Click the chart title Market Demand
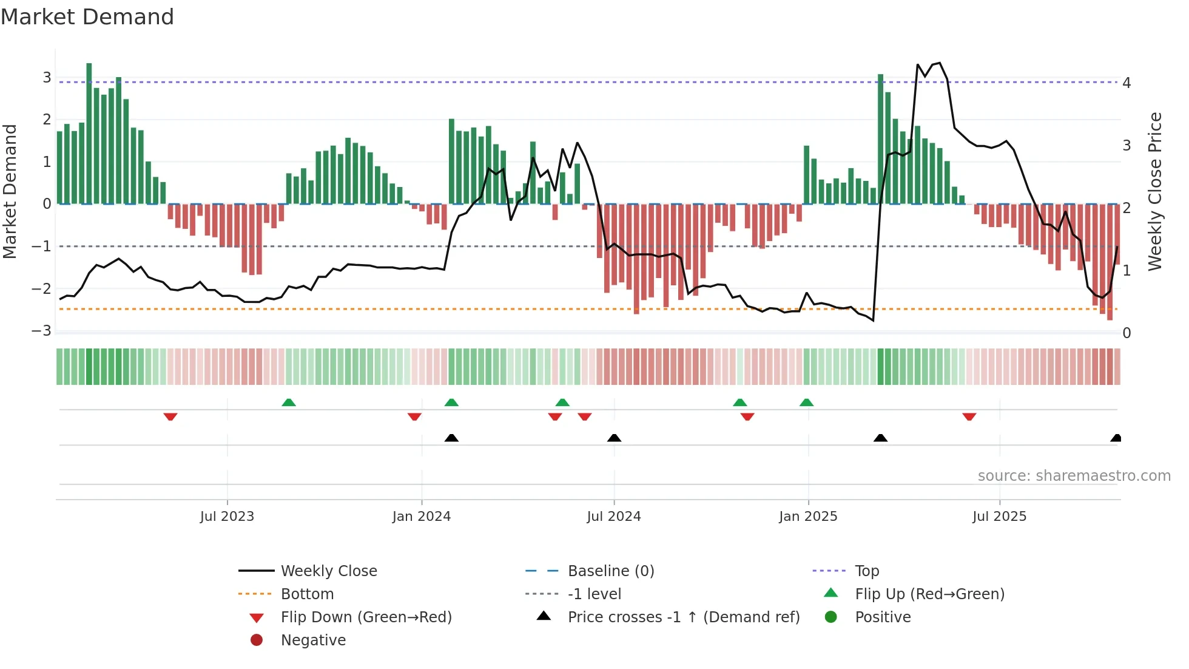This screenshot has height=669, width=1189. coord(87,17)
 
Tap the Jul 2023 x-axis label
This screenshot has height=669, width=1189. coord(227,517)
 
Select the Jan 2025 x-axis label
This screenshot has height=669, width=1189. coord(808,517)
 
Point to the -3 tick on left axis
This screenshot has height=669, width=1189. coord(42,331)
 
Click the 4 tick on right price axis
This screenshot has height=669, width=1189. coord(1127,83)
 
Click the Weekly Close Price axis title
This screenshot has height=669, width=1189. coord(1155,191)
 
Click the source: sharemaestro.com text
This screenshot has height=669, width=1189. coord(1074,476)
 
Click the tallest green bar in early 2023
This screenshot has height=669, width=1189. coord(89,134)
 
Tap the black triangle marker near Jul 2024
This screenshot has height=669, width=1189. coord(614,438)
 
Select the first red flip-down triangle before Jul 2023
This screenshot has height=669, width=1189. coord(170,416)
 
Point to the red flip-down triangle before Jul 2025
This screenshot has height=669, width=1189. coord(969,416)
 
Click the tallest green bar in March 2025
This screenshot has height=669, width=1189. coord(880,140)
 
